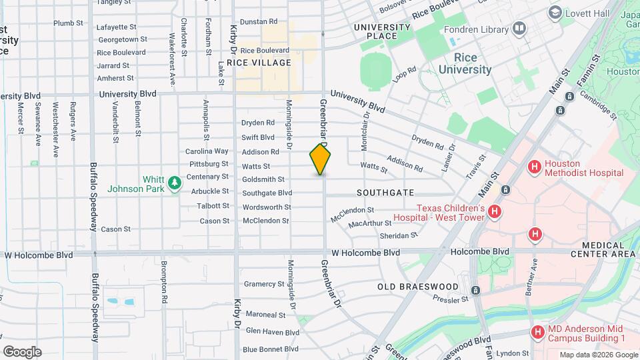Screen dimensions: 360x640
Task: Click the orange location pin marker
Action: click(320, 159)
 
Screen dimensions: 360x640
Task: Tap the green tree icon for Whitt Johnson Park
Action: click(175, 182)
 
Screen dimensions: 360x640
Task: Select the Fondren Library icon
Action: click(519, 29)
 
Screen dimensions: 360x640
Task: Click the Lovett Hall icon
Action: click(554, 12)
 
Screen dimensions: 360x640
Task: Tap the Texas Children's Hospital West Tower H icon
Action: click(494, 212)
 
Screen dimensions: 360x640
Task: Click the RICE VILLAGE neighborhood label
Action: click(259, 63)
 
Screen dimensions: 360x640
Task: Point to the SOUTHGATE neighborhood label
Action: click(385, 192)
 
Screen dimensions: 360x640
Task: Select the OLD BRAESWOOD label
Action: click(418, 287)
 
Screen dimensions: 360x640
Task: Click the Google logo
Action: click(21, 352)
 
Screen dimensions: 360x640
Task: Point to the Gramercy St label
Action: click(264, 284)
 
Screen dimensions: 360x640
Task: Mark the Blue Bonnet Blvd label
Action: click(271, 349)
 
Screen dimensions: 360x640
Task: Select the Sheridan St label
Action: click(398, 235)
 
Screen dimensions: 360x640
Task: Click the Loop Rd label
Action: click(404, 73)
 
